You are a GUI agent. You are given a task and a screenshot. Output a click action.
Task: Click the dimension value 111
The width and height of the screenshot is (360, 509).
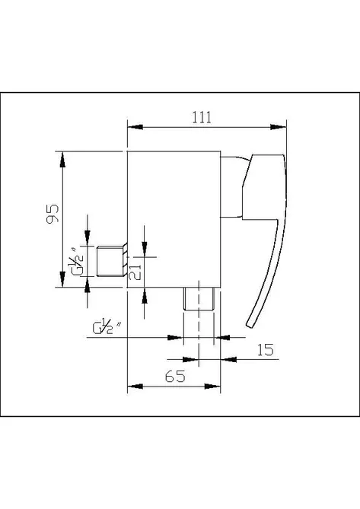tap(202, 117)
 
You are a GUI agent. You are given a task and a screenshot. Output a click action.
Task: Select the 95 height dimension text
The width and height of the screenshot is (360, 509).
tap(53, 213)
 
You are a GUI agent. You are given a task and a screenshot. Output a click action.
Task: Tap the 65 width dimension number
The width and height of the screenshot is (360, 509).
tap(175, 376)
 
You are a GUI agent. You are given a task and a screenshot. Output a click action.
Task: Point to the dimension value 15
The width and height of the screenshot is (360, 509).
tap(265, 350)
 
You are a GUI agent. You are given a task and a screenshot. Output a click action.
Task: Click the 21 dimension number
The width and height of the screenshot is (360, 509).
tap(135, 272)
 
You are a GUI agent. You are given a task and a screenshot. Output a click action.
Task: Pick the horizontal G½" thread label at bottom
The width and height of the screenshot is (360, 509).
tap(107, 326)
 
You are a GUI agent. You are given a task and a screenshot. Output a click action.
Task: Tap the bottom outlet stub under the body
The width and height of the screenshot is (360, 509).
tap(199, 299)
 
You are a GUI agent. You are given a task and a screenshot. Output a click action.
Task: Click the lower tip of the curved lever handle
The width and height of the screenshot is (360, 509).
tap(249, 326)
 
